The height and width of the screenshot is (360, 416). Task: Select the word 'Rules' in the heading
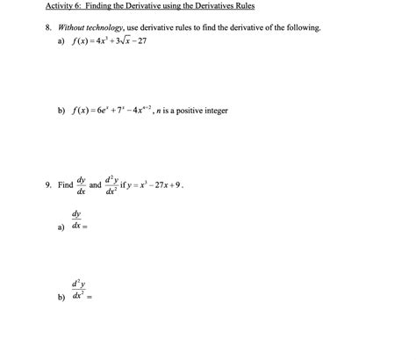click(x=241, y=6)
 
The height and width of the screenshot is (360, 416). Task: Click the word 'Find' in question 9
click(x=65, y=186)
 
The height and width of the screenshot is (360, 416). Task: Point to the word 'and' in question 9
click(x=96, y=186)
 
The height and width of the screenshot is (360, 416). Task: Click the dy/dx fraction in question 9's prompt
click(x=82, y=186)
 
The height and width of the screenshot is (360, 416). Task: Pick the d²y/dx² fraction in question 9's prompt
click(x=112, y=186)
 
